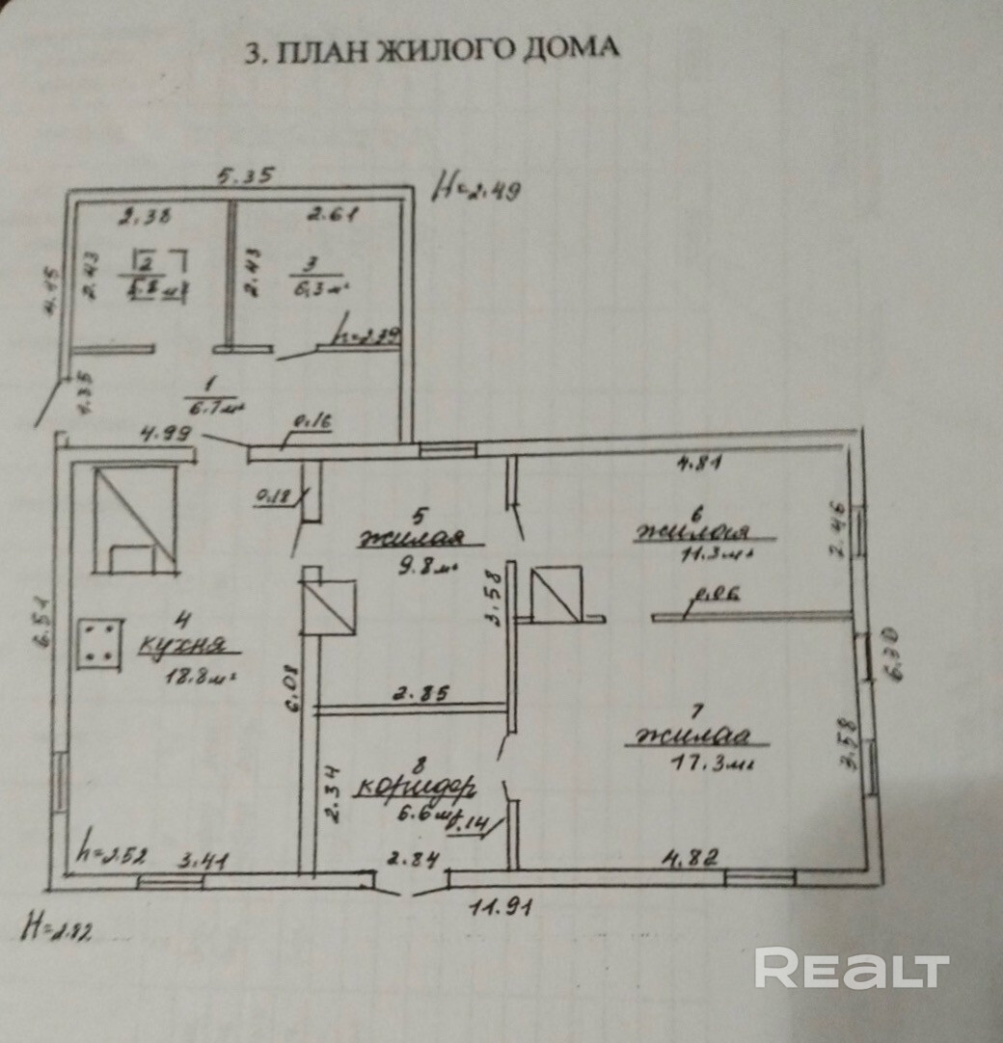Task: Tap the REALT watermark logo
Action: tap(853, 968)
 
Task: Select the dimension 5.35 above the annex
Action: tap(245, 176)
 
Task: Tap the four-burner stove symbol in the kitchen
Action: tap(99, 642)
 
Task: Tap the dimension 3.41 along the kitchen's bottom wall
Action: tap(203, 860)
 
